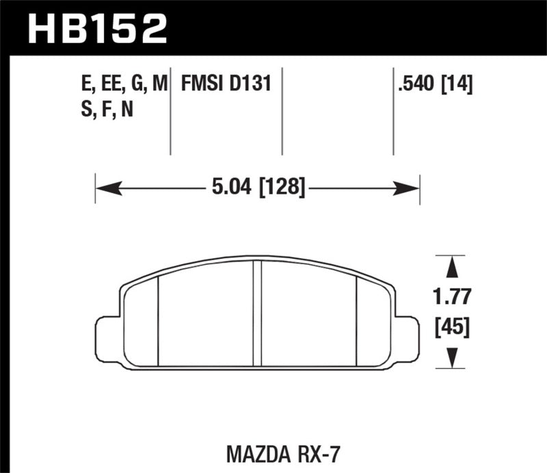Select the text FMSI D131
click(226, 84)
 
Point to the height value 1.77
click(450, 297)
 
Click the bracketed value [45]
click(450, 328)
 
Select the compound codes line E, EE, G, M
click(123, 84)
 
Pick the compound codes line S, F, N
click(107, 109)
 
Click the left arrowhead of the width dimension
click(103, 186)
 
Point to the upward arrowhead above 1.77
click(450, 264)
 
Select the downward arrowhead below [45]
click(450, 357)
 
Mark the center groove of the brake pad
click(258, 315)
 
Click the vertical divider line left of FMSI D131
click(170, 113)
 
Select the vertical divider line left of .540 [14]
click(393, 113)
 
